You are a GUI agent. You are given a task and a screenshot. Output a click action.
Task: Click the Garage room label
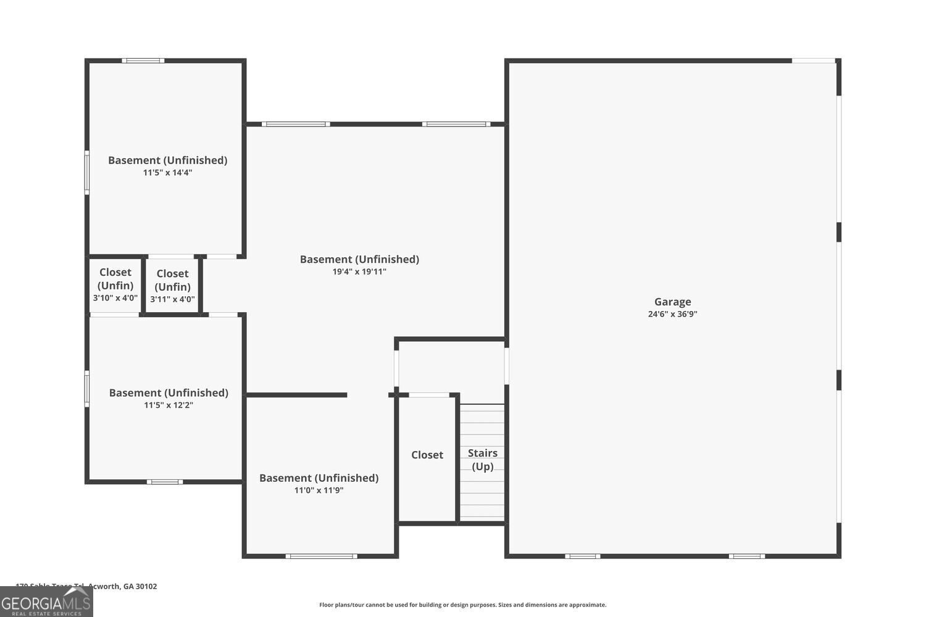point(672,302)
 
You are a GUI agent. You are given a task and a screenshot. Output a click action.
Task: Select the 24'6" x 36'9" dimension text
point(672,314)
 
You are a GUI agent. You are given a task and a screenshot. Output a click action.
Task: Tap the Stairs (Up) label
point(482,460)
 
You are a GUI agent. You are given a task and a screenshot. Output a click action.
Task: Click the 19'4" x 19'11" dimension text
point(359,271)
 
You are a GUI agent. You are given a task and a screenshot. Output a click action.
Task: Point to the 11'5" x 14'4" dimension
point(167,173)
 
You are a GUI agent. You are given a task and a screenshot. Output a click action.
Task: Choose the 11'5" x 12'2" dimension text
point(169,405)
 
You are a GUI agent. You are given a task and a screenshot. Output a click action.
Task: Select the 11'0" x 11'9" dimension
point(319,491)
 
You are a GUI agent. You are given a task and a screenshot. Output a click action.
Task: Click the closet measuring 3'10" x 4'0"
point(115,285)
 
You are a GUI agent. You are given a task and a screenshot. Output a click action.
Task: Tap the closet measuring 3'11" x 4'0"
point(172,286)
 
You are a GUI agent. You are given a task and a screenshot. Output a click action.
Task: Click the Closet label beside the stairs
point(427,455)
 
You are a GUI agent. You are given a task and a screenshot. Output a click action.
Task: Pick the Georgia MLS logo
point(46,602)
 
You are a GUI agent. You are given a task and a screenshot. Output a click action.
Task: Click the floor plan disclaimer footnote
point(462,605)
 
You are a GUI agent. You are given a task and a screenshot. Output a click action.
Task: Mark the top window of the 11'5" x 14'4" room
point(143,60)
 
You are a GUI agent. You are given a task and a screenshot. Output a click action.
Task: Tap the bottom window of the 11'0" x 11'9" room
point(321,556)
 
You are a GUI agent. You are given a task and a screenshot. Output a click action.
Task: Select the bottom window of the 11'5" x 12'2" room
point(164,481)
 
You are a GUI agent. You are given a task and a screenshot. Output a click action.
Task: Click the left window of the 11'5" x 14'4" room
point(87,173)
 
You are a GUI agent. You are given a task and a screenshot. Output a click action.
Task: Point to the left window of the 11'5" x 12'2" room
point(87,389)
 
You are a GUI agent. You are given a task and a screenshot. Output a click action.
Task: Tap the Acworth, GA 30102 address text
point(86,586)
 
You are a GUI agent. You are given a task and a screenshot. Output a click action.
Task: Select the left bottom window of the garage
point(582,556)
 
